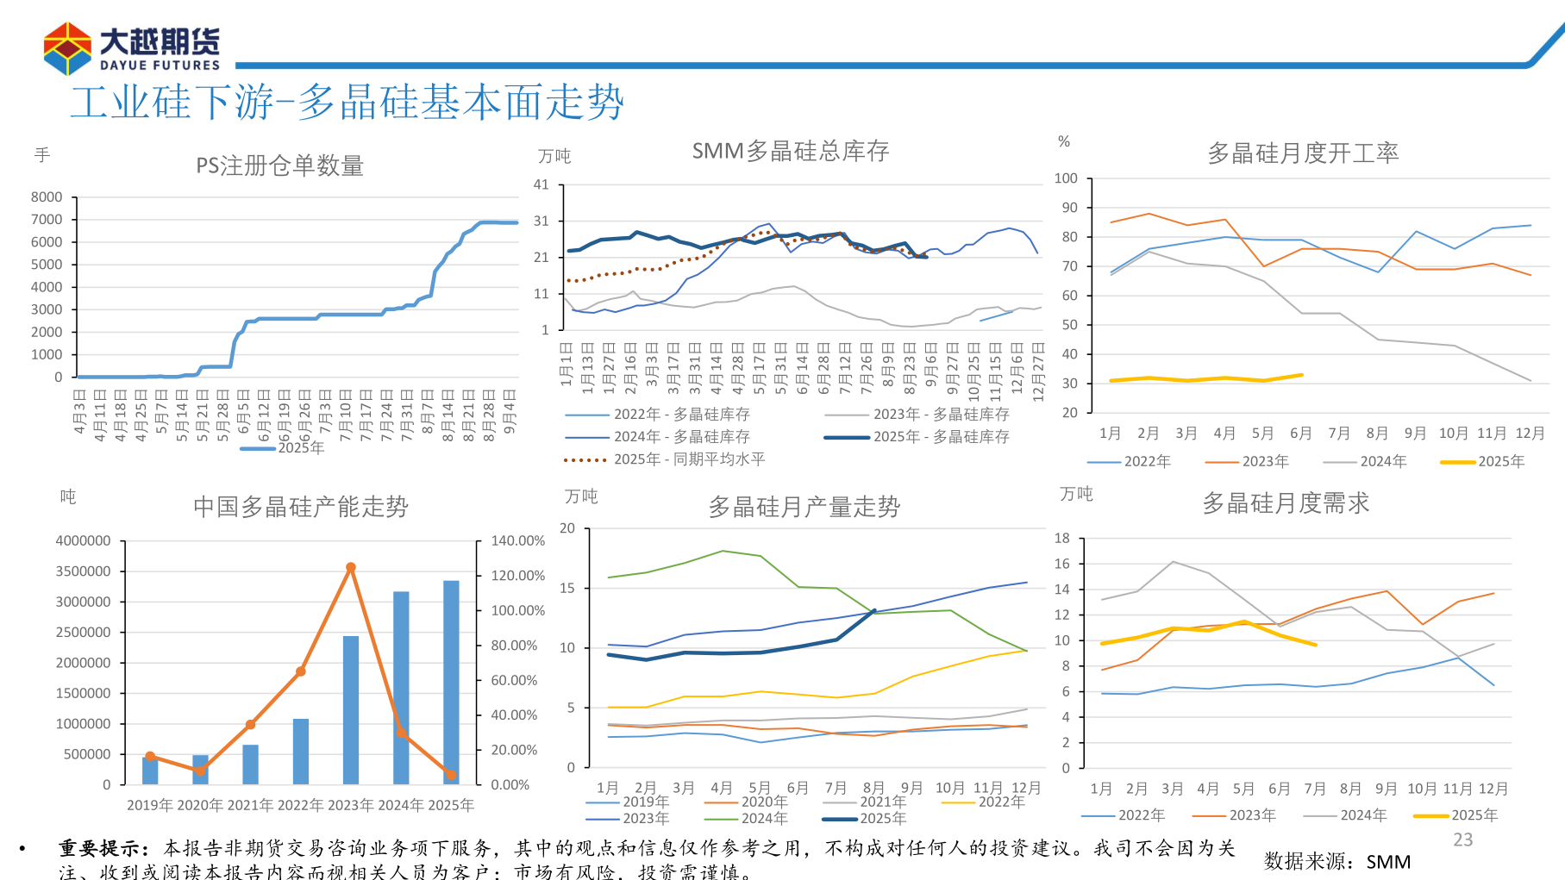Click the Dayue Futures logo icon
click(67, 49)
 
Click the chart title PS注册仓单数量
click(279, 165)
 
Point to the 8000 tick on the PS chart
click(47, 197)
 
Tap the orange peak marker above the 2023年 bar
click(350, 567)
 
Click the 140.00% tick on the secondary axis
click(517, 540)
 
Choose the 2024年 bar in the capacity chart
click(401, 687)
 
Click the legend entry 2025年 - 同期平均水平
click(688, 459)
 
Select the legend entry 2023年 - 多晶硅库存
click(940, 415)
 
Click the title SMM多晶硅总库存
click(790, 152)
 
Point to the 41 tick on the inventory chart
click(541, 184)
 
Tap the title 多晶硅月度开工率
click(1302, 153)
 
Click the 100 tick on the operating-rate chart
click(1066, 178)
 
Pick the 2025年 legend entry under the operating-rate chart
click(1500, 462)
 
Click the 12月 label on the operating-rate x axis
click(1530, 434)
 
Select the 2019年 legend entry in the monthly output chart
click(645, 802)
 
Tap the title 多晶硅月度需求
click(1285, 503)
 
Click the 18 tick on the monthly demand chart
click(1062, 538)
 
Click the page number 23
click(1462, 839)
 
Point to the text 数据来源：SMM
click(1337, 862)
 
